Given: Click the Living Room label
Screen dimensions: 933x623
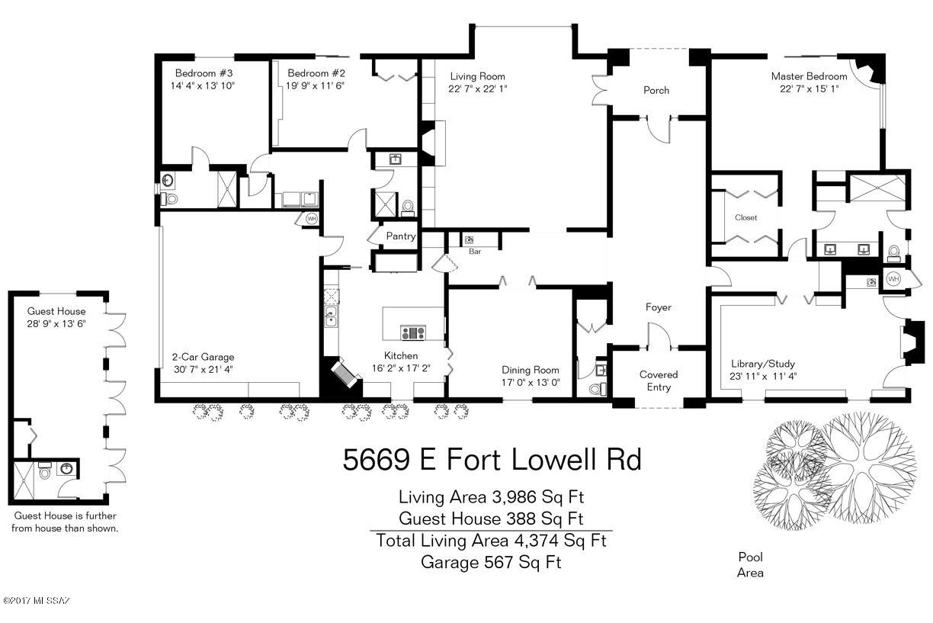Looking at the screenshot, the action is [477, 77].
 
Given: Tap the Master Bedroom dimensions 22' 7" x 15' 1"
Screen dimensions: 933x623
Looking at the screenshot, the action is [809, 88].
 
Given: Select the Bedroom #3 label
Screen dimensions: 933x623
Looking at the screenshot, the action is [204, 73].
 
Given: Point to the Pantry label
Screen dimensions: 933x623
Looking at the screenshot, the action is [401, 236].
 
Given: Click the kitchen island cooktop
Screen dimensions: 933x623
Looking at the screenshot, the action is [413, 333].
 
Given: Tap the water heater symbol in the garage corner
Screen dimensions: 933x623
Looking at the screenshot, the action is [311, 218].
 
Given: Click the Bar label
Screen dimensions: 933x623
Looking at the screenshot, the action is [475, 252].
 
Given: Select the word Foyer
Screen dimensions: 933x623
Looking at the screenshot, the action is [658, 307].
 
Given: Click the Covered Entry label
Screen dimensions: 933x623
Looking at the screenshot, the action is [659, 381].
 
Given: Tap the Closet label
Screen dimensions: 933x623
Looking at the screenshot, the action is [745, 217].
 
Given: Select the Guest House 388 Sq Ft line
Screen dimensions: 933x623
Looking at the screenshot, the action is [492, 519].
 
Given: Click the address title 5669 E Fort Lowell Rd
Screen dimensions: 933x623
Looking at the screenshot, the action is [492, 459].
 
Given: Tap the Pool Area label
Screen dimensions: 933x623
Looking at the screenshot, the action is [750, 565].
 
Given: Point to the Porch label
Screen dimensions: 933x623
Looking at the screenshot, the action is [656, 91].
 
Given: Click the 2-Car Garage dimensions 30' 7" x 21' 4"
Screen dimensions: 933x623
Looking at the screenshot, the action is [203, 369].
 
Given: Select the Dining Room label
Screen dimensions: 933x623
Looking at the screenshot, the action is [531, 370].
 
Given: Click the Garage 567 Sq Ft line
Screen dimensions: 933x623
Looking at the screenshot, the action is [491, 563].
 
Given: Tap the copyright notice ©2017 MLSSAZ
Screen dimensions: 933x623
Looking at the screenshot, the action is [37, 601].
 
